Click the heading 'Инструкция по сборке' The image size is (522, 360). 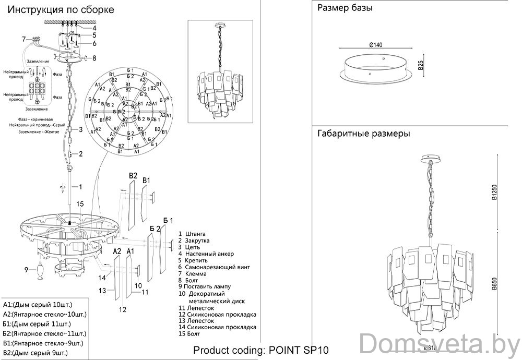[x=62, y=10]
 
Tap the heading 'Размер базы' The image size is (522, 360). [x=345, y=8]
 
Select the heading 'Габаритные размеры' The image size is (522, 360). [x=363, y=134]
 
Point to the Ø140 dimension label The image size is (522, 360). [x=375, y=45]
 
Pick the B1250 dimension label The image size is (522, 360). [x=494, y=194]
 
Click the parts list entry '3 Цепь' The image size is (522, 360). [x=189, y=247]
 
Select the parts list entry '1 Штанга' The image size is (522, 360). [x=192, y=234]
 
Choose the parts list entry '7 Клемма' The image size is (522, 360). [x=192, y=273]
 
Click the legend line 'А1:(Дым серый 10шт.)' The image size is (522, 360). [x=38, y=305]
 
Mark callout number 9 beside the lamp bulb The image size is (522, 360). [x=26, y=270]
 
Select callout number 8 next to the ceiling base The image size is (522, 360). [x=94, y=58]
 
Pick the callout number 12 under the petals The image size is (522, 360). [x=122, y=309]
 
